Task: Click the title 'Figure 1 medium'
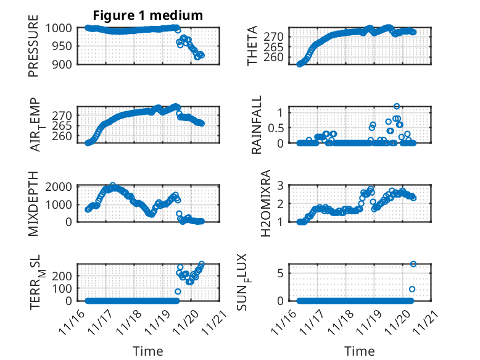click(x=147, y=14)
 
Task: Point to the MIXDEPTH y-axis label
click(x=33, y=204)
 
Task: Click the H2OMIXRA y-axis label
click(x=266, y=204)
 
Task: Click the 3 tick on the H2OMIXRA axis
click(x=287, y=185)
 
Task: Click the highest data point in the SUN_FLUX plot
click(x=413, y=264)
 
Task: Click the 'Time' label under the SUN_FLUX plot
click(x=359, y=351)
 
